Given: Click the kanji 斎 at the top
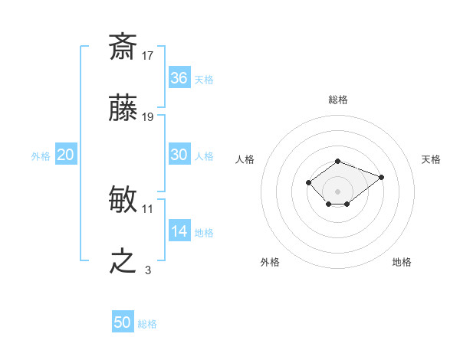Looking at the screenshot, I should click(123, 47).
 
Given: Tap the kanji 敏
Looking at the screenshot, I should click(123, 200).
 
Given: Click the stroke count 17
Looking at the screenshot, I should click(148, 55).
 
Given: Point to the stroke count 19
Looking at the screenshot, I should click(148, 116).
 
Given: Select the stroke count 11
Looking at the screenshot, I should click(148, 208).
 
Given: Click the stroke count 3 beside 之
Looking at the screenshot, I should click(148, 270).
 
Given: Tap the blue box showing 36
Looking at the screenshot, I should click(179, 77).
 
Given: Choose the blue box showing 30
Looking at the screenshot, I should click(179, 154).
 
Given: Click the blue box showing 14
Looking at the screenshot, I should click(179, 231).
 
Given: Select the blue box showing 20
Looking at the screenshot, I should click(66, 155).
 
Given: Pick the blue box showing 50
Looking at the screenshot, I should click(123, 322).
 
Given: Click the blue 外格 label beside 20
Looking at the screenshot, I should click(41, 156).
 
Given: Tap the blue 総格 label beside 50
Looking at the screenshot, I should click(147, 324).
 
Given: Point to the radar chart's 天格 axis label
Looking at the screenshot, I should click(431, 159).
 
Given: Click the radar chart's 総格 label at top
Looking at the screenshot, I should click(337, 100).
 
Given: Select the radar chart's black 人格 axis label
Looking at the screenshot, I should click(245, 159).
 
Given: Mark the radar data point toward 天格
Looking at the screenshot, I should click(381, 177).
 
